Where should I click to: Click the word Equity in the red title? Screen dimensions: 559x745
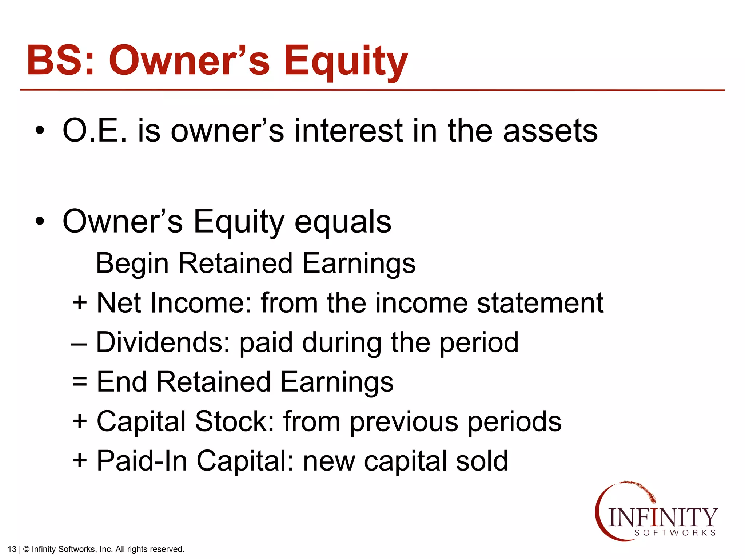coord(346,61)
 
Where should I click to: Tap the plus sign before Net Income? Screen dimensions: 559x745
coord(80,302)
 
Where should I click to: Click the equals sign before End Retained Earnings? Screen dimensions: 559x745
coord(80,382)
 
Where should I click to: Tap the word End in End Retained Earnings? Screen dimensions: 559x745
coord(122,382)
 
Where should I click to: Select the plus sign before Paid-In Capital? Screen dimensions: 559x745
coord(80,460)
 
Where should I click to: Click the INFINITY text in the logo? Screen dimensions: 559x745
coord(662,517)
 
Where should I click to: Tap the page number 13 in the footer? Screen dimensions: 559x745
coord(12,549)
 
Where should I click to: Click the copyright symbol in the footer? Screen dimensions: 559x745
coord(26,549)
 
